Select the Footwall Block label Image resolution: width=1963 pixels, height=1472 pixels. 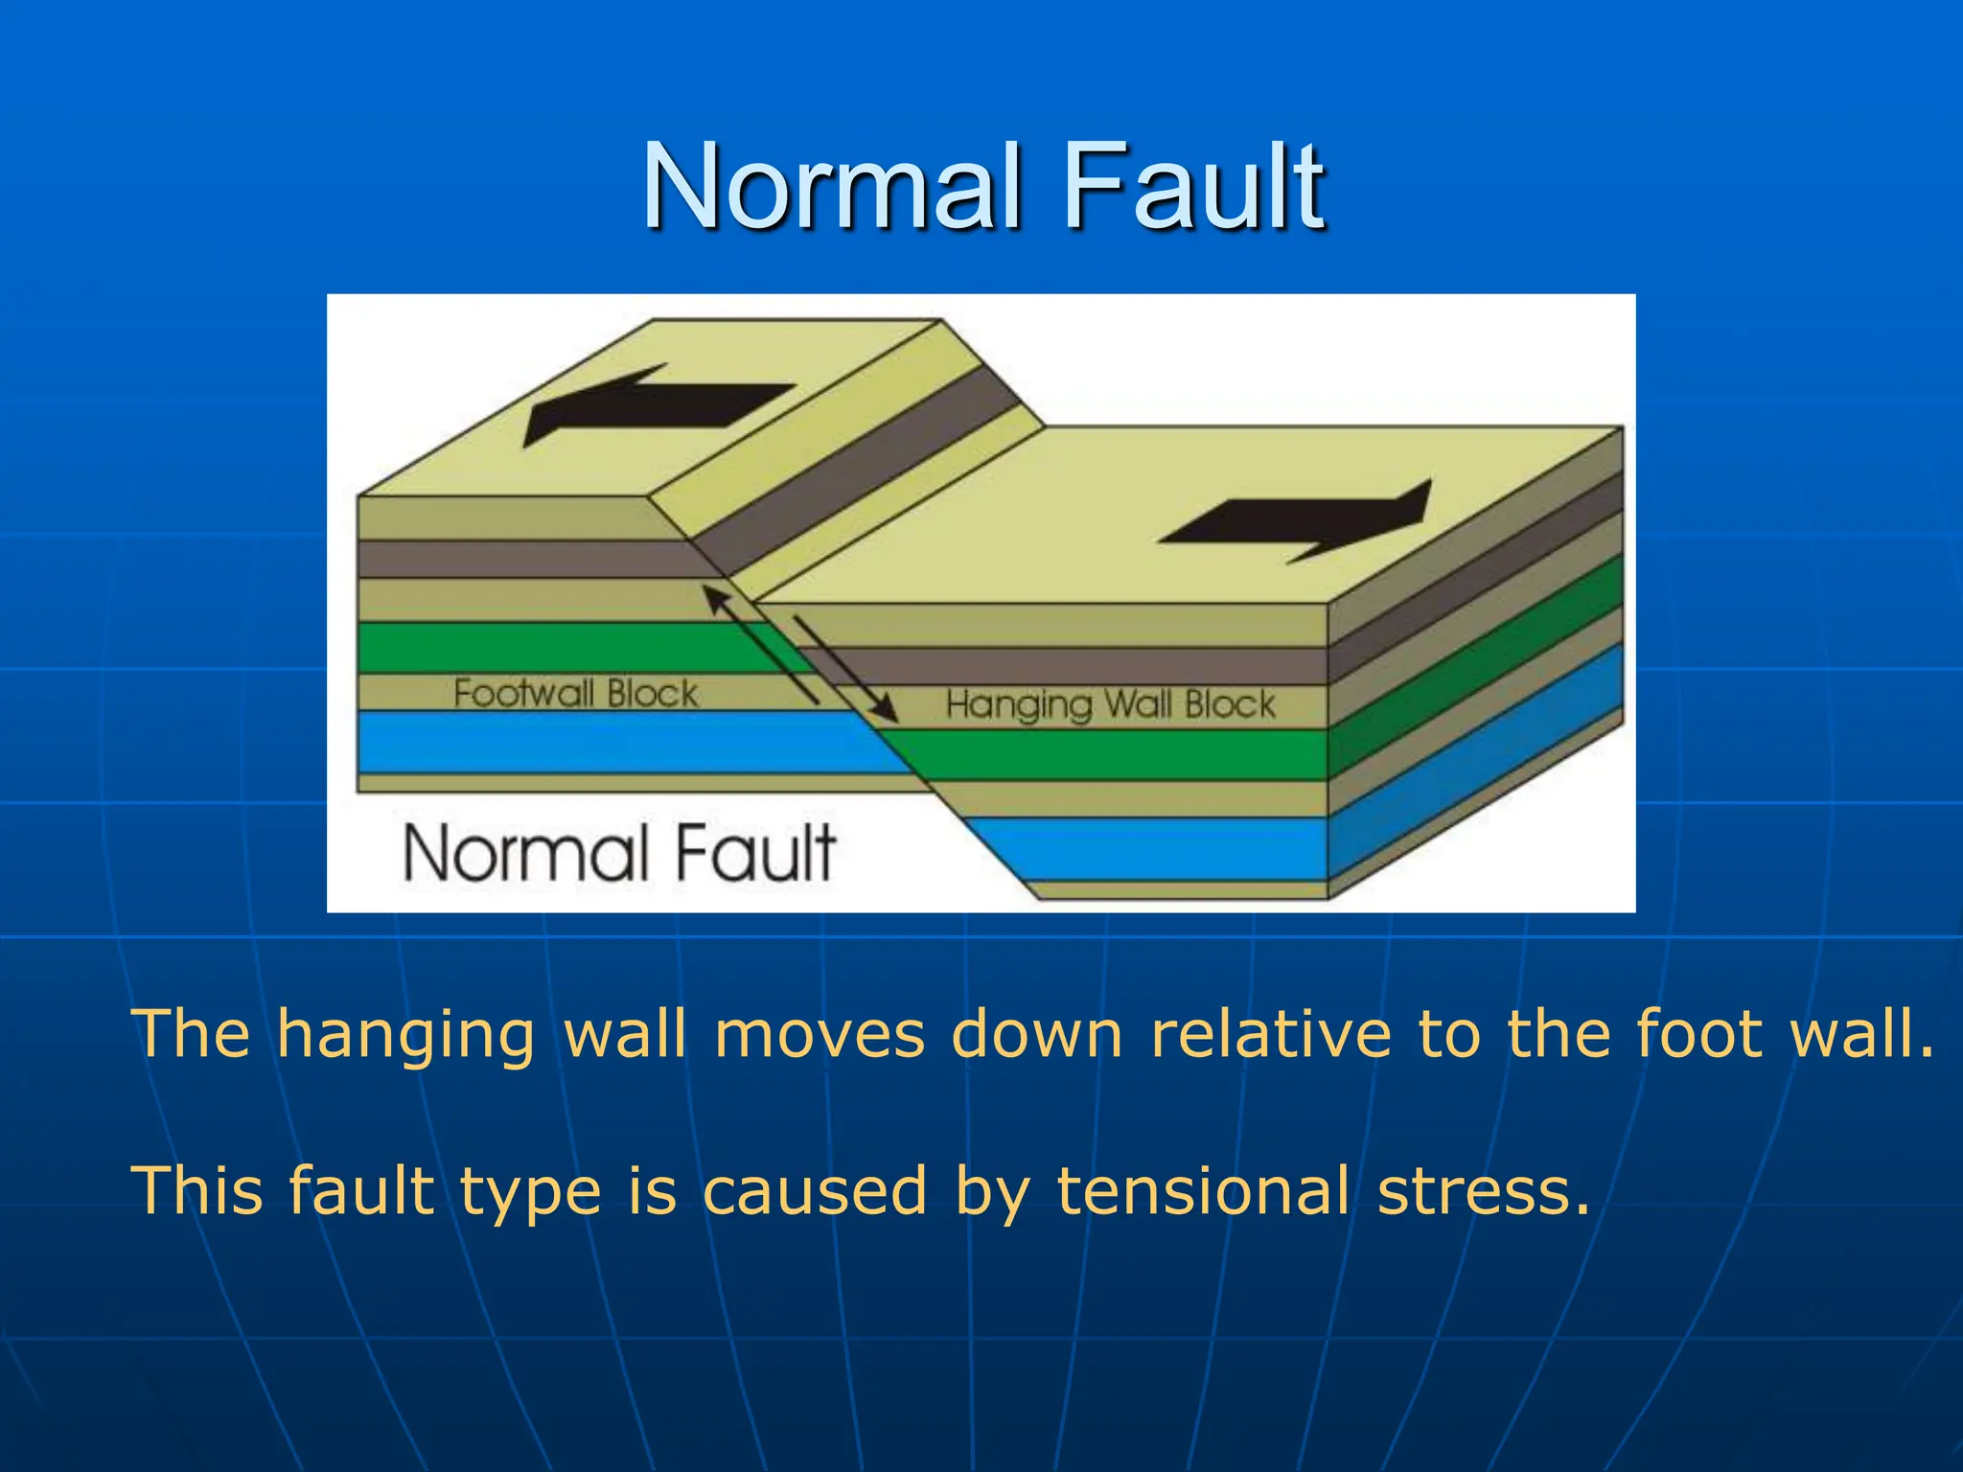(x=575, y=693)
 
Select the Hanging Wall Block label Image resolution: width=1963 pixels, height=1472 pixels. (x=1110, y=705)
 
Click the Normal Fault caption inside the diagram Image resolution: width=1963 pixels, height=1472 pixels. (x=619, y=852)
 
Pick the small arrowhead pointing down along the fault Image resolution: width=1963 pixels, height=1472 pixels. (x=887, y=711)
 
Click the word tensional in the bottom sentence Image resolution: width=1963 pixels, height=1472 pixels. (x=1203, y=1191)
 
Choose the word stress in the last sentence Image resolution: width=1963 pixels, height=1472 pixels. (x=1482, y=1191)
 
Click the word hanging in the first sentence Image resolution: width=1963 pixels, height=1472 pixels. (x=405, y=1035)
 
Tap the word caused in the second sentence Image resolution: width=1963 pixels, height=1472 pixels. (x=815, y=1191)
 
